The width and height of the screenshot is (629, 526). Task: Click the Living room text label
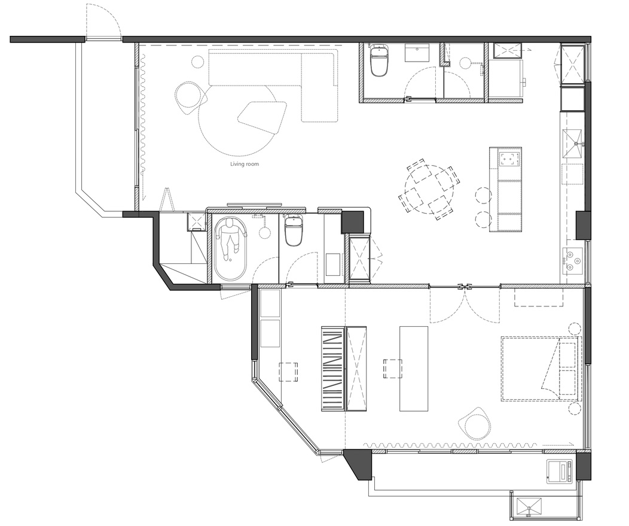point(245,164)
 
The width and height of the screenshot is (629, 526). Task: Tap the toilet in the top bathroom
point(379,60)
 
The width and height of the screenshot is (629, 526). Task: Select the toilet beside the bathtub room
point(293,230)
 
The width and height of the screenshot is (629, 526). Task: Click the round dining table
point(429,189)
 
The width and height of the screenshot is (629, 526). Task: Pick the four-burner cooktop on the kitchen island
point(509,157)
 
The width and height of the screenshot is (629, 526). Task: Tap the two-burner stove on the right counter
point(572,260)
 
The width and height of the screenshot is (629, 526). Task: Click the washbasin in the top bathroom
point(418,53)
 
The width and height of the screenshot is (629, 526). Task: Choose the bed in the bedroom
point(541,369)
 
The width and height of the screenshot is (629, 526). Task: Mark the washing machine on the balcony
point(561,470)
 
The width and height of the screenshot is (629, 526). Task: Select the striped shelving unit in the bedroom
point(334,369)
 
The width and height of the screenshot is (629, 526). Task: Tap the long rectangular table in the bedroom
point(414,369)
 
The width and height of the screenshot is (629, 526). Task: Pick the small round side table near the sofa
point(197,62)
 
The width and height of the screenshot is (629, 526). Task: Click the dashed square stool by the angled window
point(288,372)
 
